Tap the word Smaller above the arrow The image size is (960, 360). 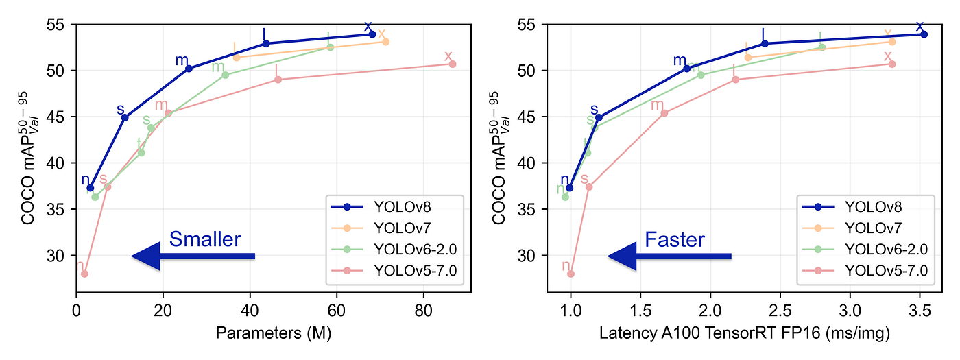point(205,239)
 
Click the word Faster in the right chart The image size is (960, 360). point(675,239)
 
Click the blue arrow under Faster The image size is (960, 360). point(669,256)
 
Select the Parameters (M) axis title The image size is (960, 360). point(274,334)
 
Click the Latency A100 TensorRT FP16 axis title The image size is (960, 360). point(745,334)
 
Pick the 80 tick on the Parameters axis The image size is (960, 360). point(424,309)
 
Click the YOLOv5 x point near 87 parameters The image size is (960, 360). point(453,64)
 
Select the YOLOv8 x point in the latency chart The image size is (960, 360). point(924,34)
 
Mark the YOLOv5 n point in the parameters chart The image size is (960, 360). point(84,274)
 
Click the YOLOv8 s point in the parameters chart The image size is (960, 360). point(125,117)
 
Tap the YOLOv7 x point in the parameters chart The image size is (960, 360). point(385,42)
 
